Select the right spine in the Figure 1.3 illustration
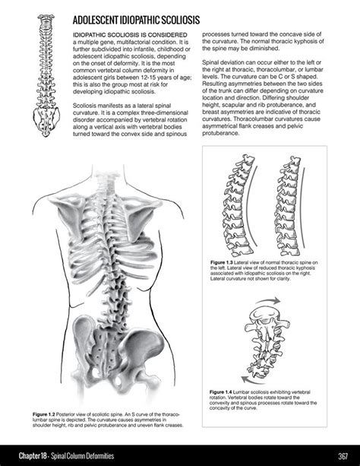coord(297,205)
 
